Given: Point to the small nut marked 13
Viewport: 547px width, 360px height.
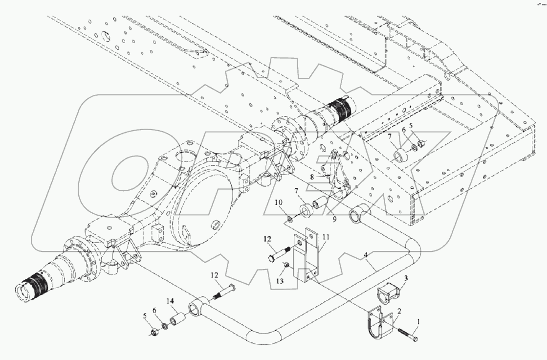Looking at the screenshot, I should (x=286, y=265).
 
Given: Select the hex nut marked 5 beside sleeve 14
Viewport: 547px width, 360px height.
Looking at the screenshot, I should (x=152, y=333).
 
